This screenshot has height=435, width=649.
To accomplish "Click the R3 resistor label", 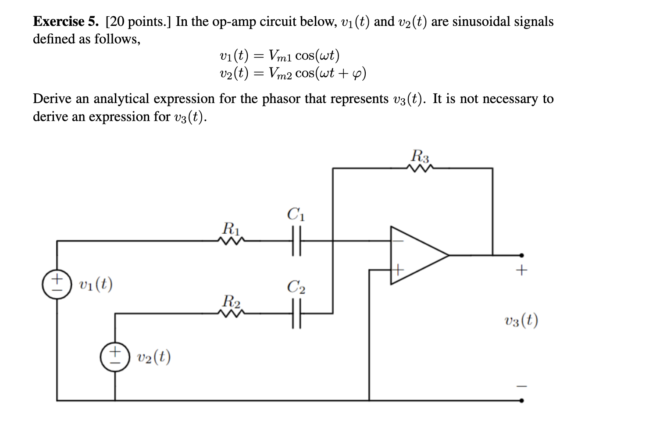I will pos(421,156).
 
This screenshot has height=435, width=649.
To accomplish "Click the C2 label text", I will pos(296,287).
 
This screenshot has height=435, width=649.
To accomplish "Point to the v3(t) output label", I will pos(521,321).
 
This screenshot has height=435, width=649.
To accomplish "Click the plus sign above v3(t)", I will pos(521,271).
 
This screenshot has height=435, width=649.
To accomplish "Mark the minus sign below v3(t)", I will pos(521,386).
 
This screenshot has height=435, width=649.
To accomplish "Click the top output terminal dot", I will pos(521,255).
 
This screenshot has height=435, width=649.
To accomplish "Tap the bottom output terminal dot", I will pos(521,400).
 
